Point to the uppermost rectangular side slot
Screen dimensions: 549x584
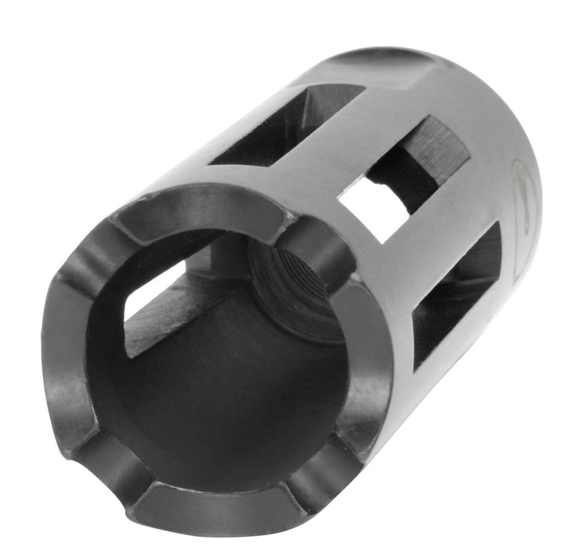click(x=286, y=124)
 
